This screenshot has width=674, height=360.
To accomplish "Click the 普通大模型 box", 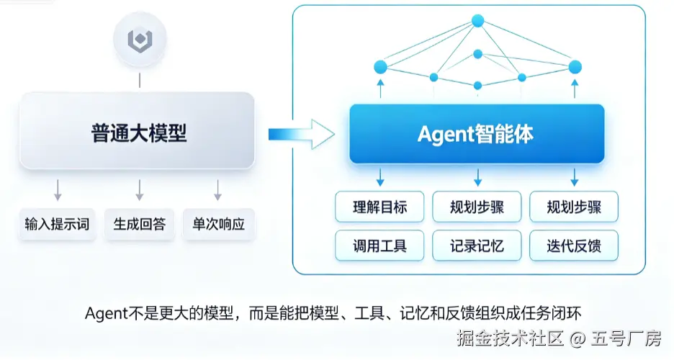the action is pos(137,130).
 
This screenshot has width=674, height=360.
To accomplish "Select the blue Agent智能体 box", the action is pos(477,134).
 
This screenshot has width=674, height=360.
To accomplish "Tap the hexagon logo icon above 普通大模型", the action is pos(140,39).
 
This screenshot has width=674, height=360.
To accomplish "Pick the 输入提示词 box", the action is pos(57,224).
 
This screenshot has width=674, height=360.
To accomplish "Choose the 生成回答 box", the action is pos(139,224).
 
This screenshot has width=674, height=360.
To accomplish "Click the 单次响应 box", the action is pos(218,224).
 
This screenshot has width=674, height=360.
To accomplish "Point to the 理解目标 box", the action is pos(379,207).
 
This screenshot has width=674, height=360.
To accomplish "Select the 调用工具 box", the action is pos(379,246).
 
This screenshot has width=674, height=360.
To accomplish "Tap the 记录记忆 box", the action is pos(477,246).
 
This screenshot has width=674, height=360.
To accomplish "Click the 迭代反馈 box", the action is pos(574,246).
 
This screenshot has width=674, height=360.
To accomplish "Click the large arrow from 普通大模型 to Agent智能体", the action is pos(301,135).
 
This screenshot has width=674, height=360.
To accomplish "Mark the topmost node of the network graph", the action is pos(477,20).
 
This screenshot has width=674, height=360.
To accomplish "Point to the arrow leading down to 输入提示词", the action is pos(58,190).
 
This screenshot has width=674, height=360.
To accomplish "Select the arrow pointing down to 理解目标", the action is pos(380,177).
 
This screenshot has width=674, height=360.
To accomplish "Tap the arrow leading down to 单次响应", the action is pos(218,190).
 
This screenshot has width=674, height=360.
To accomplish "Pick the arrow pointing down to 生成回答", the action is pos(139,190).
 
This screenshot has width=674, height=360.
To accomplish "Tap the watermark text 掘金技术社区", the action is pos(510,338).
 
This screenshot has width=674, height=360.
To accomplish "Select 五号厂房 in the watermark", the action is pos(626,338).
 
